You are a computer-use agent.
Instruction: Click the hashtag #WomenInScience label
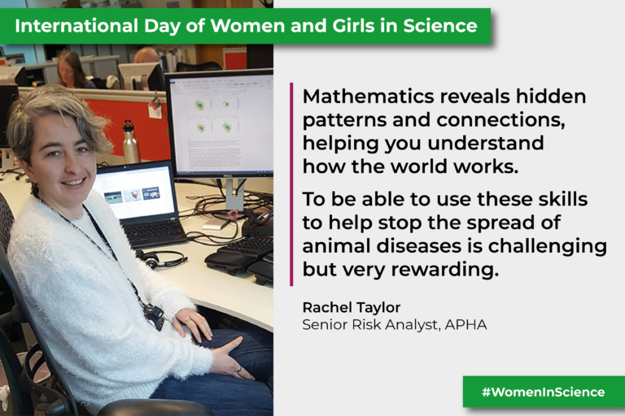pyautogui.click(x=543, y=392)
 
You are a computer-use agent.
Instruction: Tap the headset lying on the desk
pyautogui.click(x=160, y=258)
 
